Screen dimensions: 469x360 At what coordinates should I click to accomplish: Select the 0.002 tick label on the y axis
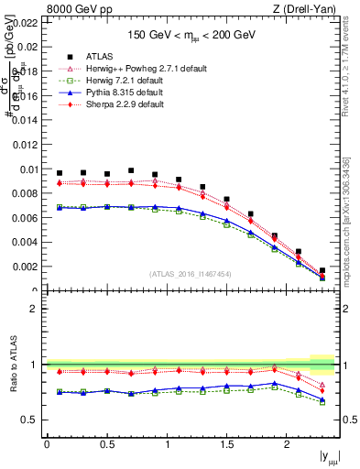pos(26,267)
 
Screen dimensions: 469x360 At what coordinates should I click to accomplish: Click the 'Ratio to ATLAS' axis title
pos(13,365)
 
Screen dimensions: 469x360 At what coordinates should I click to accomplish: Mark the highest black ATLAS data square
pos(131,170)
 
